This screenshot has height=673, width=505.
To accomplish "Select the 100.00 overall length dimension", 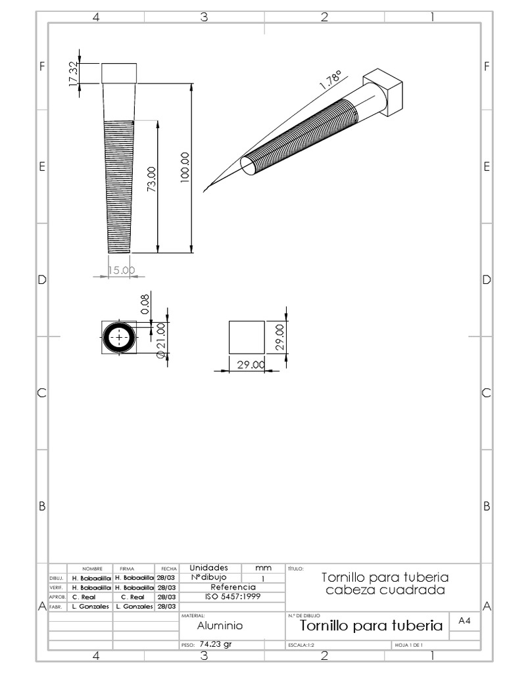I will point(185,166).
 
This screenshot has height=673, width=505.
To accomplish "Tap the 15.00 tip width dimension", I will point(121,269).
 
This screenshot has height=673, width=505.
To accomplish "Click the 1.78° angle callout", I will point(330,81).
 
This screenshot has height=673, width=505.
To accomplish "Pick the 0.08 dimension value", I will point(146,304).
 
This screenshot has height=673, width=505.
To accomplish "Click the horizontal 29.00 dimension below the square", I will point(251,365).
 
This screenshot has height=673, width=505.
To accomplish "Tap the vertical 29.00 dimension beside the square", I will point(279,337).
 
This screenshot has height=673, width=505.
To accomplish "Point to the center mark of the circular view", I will point(119,338).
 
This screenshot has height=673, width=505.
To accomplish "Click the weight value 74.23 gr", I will point(216,645).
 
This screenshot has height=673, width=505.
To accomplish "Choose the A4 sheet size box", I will point(464,621).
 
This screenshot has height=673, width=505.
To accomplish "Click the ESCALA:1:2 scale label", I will point(303,645).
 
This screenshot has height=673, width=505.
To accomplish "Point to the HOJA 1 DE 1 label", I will point(408,645).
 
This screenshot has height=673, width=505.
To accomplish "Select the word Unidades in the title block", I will point(208,567).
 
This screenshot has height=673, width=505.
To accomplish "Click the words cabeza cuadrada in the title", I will point(385,590).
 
